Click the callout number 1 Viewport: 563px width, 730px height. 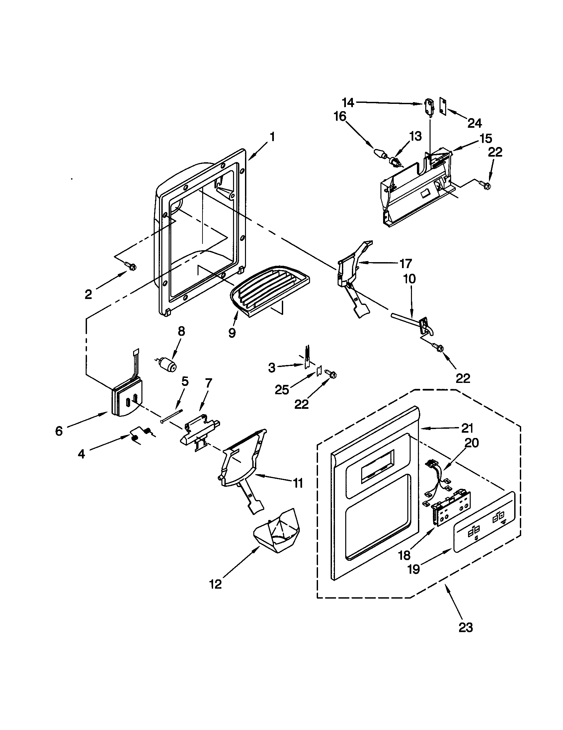coord(272,137)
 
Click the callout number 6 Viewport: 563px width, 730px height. coord(59,431)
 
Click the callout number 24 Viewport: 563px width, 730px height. coord(474,123)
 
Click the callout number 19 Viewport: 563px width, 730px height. coord(414,568)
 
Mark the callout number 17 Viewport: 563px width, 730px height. coord(406,264)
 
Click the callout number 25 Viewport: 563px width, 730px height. coord(282,390)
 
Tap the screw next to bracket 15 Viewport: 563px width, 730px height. coord(484,184)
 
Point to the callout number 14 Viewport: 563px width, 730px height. coord(348,103)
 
